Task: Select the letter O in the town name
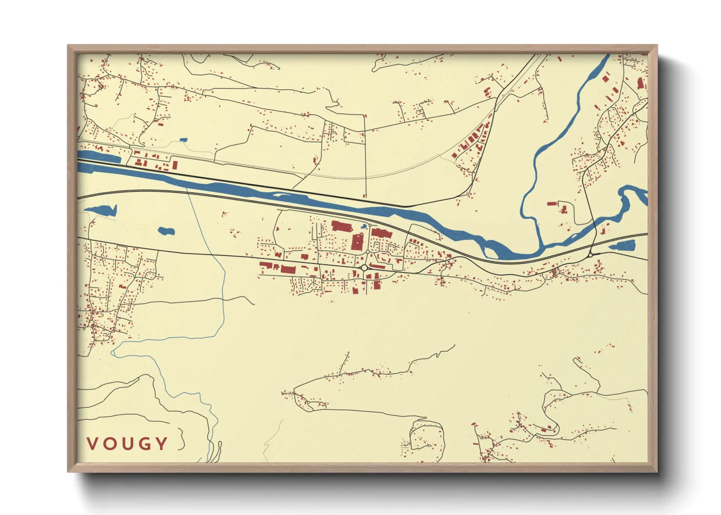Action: pos(109,443)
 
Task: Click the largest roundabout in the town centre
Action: pos(364,268)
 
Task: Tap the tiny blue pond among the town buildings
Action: pos(363,226)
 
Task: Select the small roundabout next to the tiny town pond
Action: pos(369,225)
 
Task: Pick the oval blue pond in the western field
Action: pos(166,231)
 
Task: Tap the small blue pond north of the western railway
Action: pos(183,140)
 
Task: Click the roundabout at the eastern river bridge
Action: pos(590,255)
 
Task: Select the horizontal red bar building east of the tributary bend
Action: pos(551,203)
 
